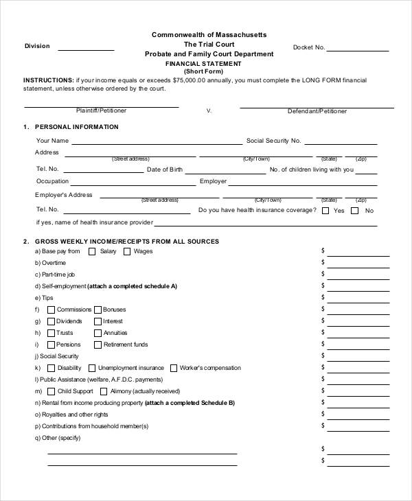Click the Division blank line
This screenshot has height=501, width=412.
[x=86, y=49]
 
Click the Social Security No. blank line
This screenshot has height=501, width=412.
[x=341, y=143]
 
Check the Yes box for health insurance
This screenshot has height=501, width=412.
[x=325, y=211]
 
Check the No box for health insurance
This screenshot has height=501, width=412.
[x=355, y=211]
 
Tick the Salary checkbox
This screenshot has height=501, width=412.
[x=92, y=252]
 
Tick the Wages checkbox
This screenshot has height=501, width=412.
[x=126, y=252]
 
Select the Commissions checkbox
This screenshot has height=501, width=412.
[x=50, y=310]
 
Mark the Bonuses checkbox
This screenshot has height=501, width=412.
[x=98, y=310]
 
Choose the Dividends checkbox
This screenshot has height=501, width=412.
[x=50, y=321]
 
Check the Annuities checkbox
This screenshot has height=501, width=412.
[x=98, y=333]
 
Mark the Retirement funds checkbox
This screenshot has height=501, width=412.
[x=98, y=345]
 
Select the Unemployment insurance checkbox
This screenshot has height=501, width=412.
[x=91, y=368]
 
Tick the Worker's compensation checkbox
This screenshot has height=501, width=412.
[x=173, y=368]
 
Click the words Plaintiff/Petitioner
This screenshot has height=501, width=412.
[x=101, y=110]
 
